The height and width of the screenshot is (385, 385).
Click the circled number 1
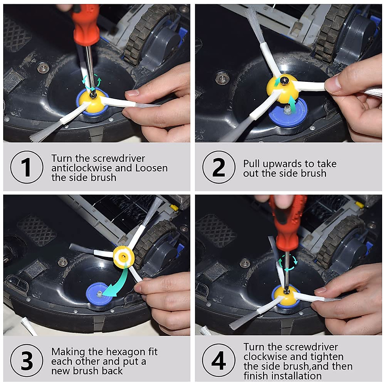27,167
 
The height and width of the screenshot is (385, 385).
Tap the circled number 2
219,167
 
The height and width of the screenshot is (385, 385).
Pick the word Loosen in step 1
151,168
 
